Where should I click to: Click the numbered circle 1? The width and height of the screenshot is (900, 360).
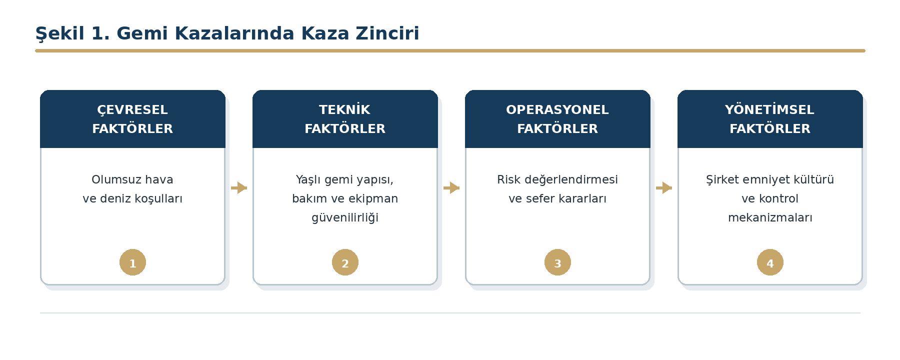point(132,262)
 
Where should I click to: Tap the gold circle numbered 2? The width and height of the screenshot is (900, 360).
point(345,262)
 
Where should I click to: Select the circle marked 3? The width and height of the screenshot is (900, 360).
point(557,262)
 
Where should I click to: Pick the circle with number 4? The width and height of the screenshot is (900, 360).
point(770,262)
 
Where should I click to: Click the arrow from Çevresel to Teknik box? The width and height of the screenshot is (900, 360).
point(239,187)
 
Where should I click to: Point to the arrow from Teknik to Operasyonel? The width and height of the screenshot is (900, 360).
point(451,187)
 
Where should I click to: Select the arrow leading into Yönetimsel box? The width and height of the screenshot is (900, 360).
point(664,187)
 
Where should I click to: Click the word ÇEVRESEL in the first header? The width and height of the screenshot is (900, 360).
point(132,110)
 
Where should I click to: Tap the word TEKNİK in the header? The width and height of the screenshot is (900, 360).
point(345,109)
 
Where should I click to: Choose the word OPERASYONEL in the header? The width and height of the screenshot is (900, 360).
point(557,109)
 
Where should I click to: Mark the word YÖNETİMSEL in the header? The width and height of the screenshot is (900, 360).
point(770,109)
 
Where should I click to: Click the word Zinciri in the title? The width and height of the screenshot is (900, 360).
point(387,33)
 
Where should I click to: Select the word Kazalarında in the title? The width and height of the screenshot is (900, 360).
point(234,33)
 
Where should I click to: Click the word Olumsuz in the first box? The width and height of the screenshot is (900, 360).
point(112,179)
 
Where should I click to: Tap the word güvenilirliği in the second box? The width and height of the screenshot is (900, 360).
point(345,218)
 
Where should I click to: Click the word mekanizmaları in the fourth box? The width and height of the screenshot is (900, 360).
point(770,217)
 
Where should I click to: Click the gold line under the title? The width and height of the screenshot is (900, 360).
point(450,50)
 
